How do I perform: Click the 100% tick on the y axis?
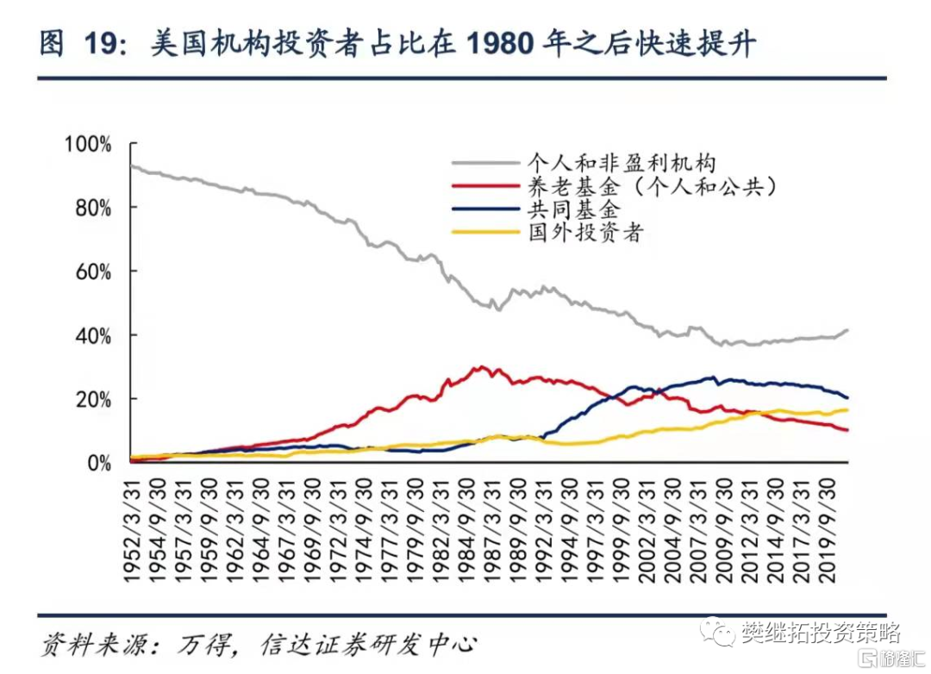click(x=89, y=145)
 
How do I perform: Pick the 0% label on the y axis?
click(x=98, y=463)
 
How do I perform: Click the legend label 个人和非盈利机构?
click(x=622, y=162)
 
